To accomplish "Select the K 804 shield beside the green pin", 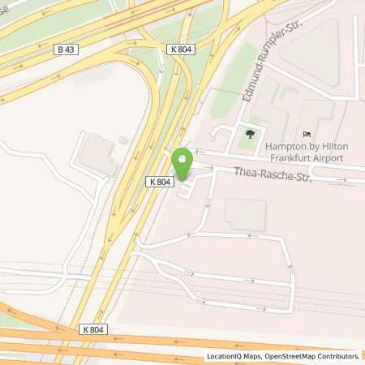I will tap(159, 182).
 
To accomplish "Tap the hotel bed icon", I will tap(306, 134).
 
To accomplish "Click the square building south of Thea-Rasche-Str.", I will tap(245, 214).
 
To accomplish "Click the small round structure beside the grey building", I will tap(122, 140).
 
